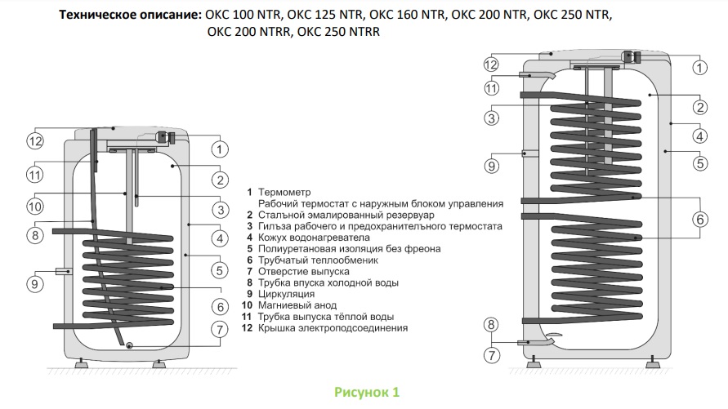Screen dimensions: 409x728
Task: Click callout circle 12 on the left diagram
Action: (34, 141)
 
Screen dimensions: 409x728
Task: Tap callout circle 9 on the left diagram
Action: (34, 284)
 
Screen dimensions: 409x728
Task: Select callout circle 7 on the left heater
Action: (219, 330)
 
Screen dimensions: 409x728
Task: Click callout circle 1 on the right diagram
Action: (699, 65)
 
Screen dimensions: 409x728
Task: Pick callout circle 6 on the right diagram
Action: (699, 218)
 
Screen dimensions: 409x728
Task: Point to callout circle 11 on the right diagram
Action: (491, 88)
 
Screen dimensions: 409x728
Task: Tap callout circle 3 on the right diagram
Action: (491, 118)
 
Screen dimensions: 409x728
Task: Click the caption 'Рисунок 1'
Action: (367, 393)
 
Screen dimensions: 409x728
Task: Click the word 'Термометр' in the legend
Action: (291, 192)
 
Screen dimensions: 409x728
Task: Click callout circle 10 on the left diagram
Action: (34, 207)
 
